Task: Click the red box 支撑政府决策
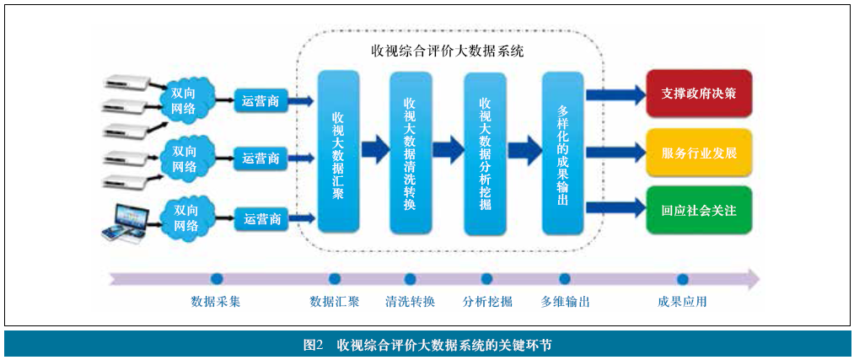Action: (x=699, y=93)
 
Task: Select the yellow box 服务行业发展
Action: (x=699, y=153)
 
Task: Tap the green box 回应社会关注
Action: (x=699, y=210)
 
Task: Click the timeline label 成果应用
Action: (x=682, y=301)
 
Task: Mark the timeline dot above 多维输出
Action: (x=565, y=279)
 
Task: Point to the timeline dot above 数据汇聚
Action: (x=335, y=279)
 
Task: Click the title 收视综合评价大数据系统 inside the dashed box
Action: (x=448, y=51)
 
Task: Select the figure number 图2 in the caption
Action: (x=314, y=345)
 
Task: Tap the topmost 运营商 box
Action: (x=261, y=101)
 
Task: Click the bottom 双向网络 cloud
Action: (x=185, y=218)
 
